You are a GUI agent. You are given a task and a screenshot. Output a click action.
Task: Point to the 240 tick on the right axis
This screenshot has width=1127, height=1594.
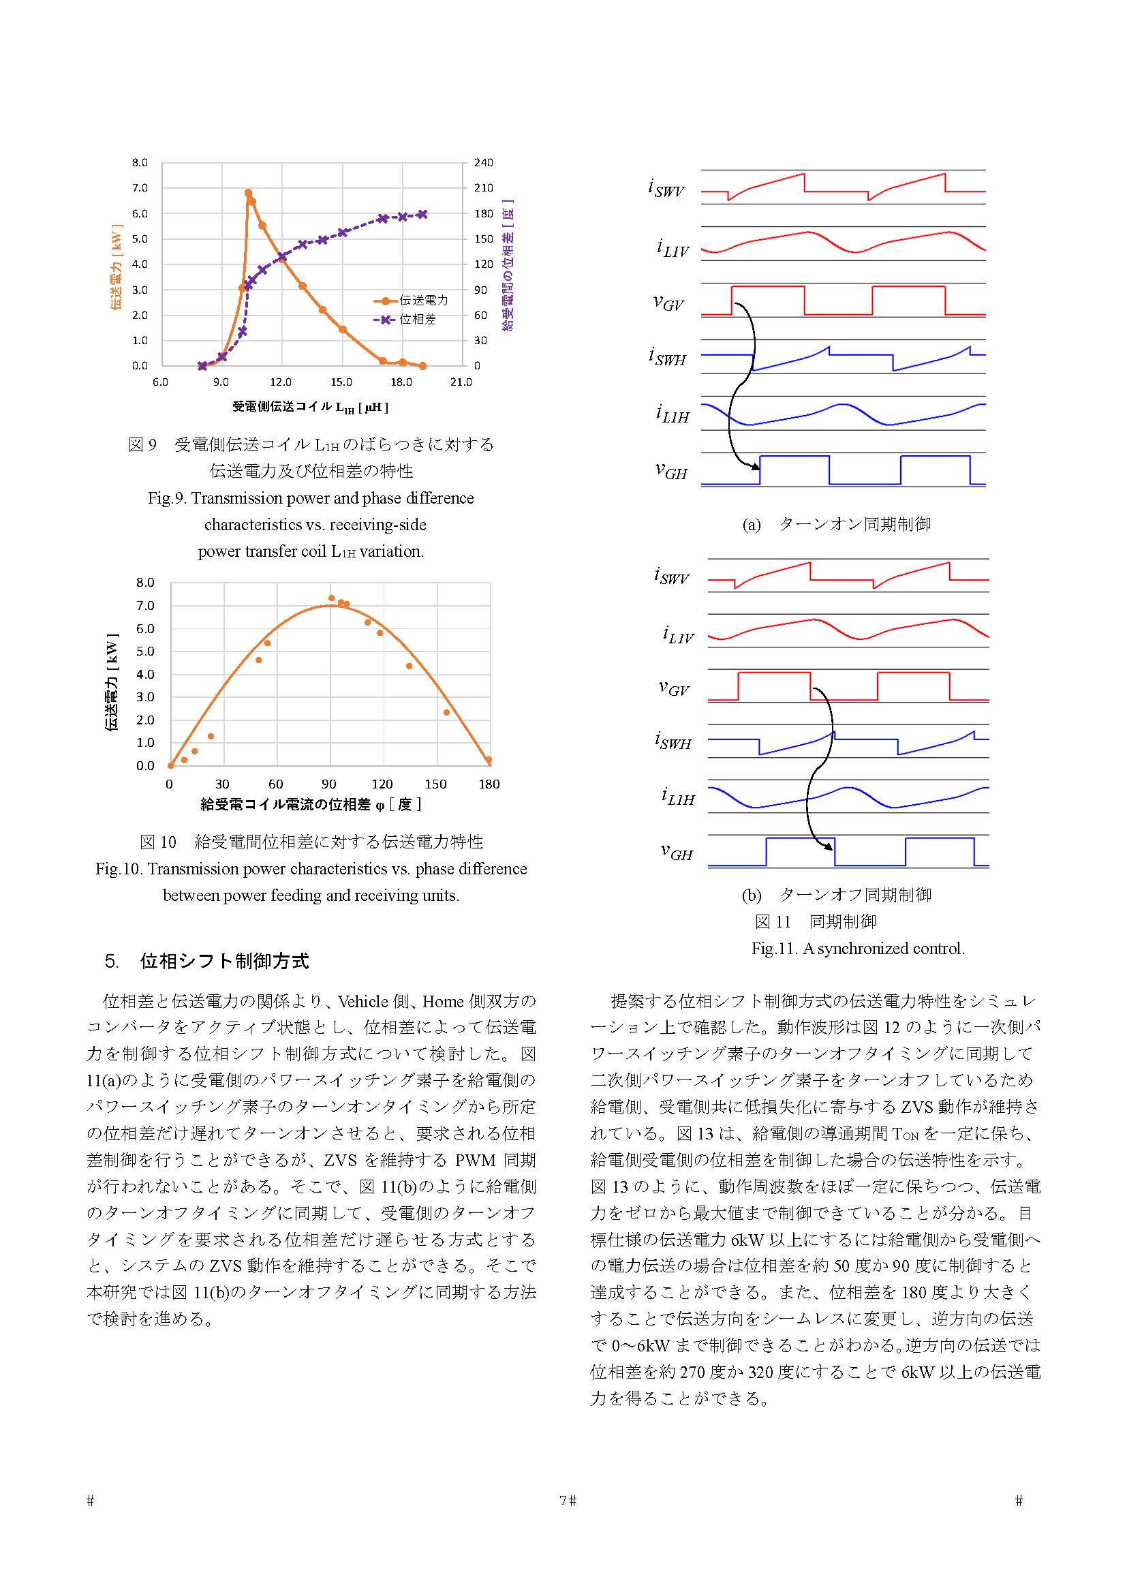point(484,162)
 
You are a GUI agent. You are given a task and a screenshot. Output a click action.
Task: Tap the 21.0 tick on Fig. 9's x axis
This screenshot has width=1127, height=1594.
point(461,382)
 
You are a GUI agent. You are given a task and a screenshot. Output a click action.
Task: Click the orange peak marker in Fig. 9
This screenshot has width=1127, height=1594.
point(249,194)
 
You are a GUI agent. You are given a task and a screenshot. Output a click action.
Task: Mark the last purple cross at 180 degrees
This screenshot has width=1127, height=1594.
point(422,214)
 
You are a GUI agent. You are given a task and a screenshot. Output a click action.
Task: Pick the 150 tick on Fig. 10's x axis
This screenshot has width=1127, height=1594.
point(436,784)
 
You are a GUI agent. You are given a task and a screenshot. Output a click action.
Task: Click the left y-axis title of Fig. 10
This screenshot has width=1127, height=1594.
point(111,682)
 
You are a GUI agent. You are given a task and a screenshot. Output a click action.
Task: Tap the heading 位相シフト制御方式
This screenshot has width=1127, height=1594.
point(225,961)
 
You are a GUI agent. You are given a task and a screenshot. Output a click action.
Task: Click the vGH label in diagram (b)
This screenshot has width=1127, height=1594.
point(676,852)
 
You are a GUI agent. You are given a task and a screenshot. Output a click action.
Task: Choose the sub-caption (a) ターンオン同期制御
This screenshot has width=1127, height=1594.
point(835,524)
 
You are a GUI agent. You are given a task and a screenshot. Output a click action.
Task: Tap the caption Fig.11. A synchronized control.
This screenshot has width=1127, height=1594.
point(858,948)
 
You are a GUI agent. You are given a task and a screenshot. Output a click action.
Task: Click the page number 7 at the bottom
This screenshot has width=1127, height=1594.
point(563,1500)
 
